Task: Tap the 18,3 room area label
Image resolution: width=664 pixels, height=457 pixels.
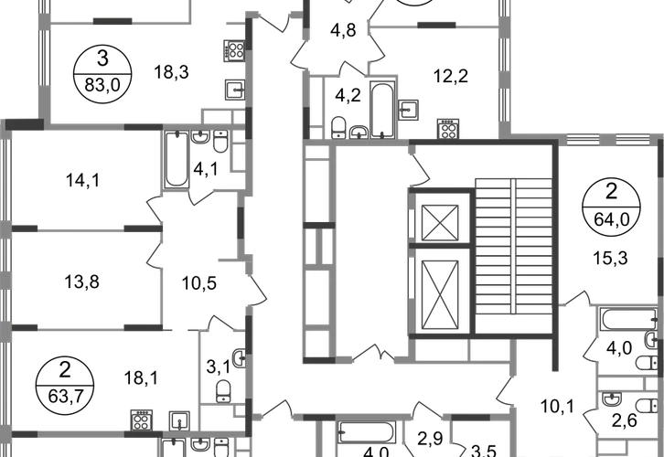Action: coord(171,72)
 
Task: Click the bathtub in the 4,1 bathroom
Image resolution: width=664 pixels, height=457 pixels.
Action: coord(177,160)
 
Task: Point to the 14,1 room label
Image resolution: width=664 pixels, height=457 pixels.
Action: coord(82,181)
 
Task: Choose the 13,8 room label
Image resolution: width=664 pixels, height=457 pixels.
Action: coord(81,282)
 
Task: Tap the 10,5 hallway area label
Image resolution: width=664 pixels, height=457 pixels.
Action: coord(199,283)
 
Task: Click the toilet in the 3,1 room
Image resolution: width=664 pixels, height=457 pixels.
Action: coord(223,390)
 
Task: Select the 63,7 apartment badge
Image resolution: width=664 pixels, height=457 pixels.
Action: coord(65,386)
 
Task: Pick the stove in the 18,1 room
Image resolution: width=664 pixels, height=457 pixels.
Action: coord(142,420)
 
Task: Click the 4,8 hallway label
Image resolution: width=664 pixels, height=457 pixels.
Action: coord(343,30)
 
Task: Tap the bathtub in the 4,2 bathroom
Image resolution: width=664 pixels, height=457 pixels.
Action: coord(383,110)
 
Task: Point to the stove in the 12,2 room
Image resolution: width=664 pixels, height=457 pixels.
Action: coord(448,129)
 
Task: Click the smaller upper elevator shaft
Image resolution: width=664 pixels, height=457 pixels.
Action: coord(440,223)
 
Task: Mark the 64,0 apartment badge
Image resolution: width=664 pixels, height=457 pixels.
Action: coord(612,207)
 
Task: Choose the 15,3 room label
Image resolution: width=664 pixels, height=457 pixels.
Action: coord(610,258)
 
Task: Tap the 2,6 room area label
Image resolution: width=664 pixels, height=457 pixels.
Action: coord(625,421)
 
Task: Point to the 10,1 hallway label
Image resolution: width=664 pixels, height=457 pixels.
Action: coord(557,407)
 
